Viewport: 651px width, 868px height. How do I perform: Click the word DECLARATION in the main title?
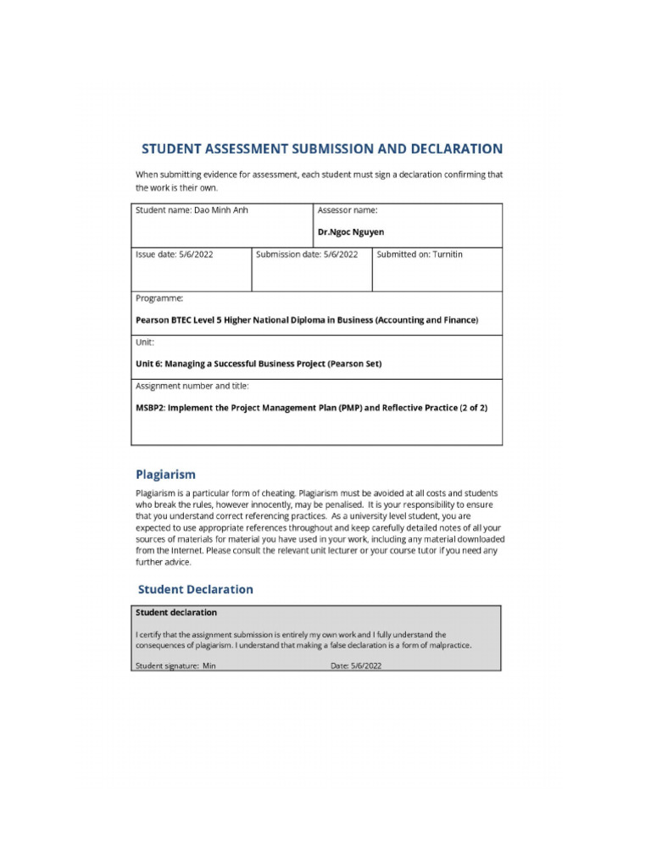tap(456, 149)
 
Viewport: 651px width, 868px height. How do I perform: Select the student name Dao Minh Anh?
tap(220, 210)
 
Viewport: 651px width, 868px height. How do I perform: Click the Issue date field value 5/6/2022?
tap(196, 254)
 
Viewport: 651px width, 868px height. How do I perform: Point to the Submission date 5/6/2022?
tap(341, 254)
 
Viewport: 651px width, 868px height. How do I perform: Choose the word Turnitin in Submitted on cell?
tap(448, 254)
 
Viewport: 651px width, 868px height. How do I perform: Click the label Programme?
tap(159, 298)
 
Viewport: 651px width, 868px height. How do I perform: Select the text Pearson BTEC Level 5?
tap(180, 320)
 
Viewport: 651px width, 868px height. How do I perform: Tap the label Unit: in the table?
tap(145, 342)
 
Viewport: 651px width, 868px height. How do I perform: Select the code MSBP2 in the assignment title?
tap(150, 408)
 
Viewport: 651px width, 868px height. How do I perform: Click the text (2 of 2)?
tap(473, 408)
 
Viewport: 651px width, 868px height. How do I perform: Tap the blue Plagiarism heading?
tap(166, 474)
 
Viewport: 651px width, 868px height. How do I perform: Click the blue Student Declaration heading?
tap(195, 589)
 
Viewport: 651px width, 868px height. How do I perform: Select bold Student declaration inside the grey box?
tap(176, 612)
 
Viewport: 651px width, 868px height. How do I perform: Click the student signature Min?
tap(209, 666)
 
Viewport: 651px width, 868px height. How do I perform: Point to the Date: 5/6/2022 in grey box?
tap(356, 666)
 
